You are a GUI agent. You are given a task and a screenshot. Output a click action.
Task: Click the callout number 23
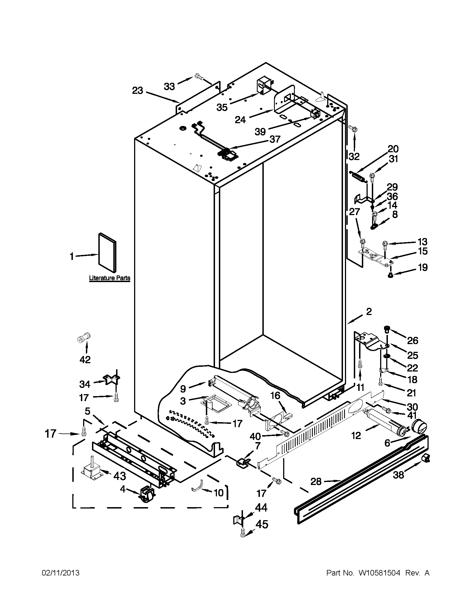(137, 91)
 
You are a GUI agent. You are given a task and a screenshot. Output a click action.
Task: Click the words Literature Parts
(109, 278)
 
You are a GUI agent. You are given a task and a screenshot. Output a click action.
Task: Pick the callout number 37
(275, 139)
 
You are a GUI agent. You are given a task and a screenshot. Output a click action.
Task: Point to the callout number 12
(356, 435)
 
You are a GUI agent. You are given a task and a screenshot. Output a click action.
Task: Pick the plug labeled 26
(386, 329)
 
